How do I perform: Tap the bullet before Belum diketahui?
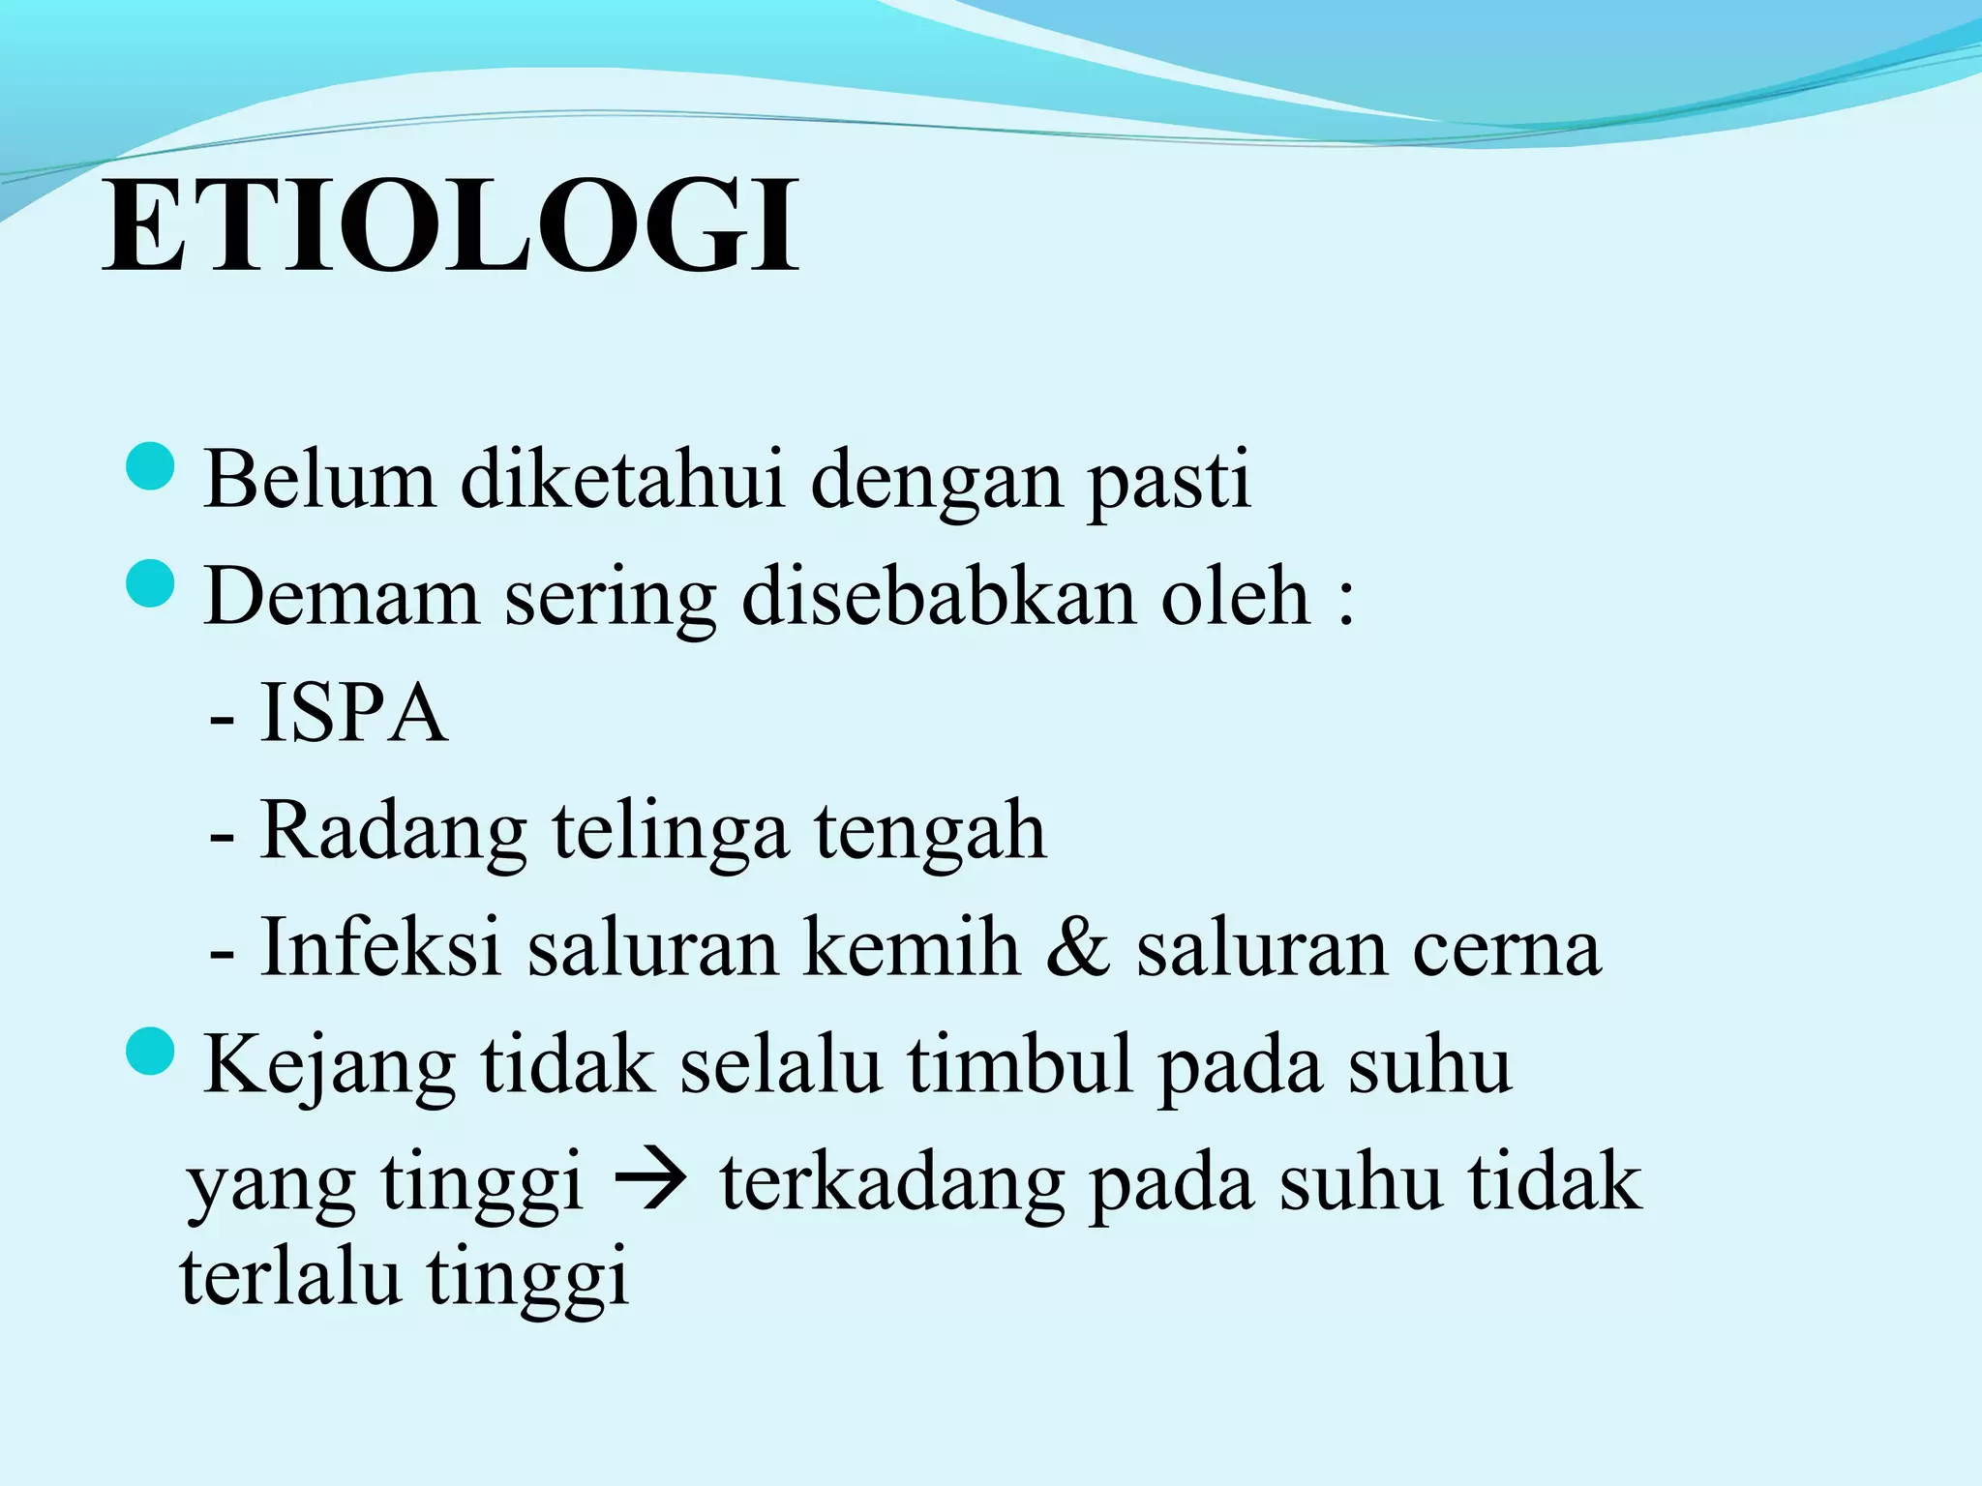coord(150,466)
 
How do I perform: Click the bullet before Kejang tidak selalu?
coord(150,1052)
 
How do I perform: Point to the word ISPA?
coord(353,714)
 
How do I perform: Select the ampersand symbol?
coord(1077,948)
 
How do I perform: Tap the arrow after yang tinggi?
coord(651,1182)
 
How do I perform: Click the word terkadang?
coord(891,1182)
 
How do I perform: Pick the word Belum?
coord(319,479)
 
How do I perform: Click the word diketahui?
coord(621,479)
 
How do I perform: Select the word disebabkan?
coord(938,596)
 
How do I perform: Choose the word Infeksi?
coord(380,948)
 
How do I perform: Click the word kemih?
coord(912,948)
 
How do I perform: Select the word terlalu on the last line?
coord(290,1276)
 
